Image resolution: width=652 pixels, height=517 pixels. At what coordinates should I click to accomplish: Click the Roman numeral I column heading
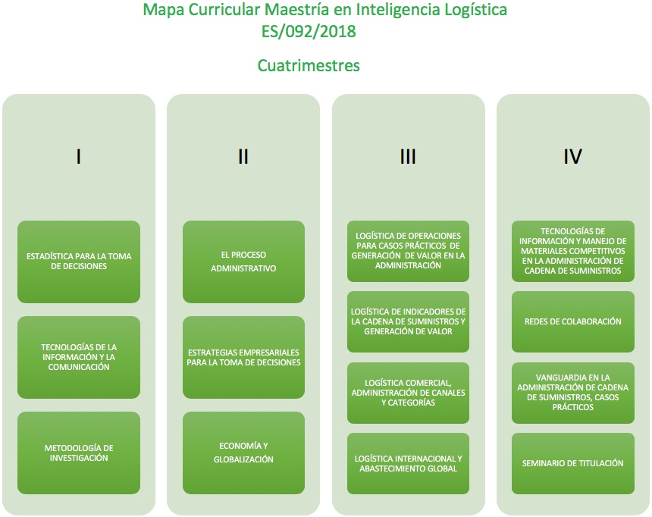click(x=79, y=156)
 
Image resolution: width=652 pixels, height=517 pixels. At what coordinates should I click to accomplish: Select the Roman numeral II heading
click(x=243, y=156)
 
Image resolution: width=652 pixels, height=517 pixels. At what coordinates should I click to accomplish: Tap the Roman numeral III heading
click(x=408, y=156)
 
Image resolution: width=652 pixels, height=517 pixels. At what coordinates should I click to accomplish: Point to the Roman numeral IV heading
click(x=572, y=156)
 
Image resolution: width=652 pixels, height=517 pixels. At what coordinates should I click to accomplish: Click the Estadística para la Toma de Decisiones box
click(x=79, y=262)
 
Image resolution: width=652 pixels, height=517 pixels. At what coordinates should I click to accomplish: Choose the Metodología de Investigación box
click(x=79, y=453)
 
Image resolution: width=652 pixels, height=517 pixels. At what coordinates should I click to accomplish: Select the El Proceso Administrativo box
click(x=243, y=262)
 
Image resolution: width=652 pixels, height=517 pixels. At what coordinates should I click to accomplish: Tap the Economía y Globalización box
click(x=243, y=453)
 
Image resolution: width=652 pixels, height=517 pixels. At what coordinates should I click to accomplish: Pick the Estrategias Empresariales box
click(x=243, y=357)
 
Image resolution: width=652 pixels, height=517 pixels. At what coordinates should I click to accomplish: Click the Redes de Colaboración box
click(x=573, y=321)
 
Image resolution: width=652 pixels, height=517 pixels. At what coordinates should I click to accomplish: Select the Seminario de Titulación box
click(x=573, y=463)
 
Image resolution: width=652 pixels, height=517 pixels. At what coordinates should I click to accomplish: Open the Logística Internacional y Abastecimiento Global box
click(x=409, y=463)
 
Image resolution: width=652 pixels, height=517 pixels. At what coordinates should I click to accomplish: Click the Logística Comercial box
click(x=409, y=393)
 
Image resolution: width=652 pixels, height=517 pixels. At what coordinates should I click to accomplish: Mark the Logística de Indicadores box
click(x=409, y=321)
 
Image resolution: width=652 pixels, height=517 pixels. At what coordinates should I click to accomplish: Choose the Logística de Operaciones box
click(x=409, y=251)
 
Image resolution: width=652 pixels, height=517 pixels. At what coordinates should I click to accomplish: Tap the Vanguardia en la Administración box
click(x=573, y=393)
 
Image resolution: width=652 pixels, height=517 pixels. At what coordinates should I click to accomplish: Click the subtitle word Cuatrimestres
click(x=309, y=66)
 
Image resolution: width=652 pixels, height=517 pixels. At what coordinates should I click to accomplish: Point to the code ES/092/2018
click(x=309, y=32)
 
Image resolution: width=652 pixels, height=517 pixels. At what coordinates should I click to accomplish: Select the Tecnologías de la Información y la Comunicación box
click(x=79, y=357)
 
